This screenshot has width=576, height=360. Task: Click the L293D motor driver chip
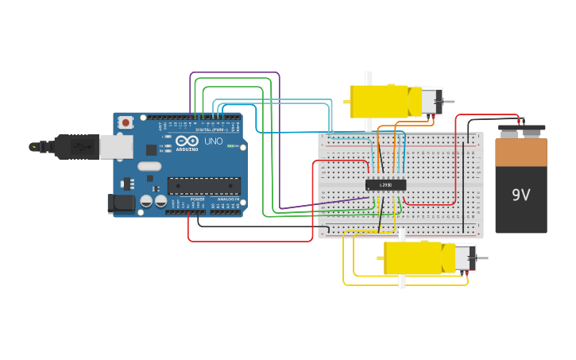[x=385, y=184]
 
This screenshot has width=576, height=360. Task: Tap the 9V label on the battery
[x=520, y=195]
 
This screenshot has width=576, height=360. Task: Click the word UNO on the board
[x=214, y=141]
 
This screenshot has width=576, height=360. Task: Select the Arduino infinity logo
[x=187, y=142]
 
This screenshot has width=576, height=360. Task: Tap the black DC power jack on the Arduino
[x=121, y=203]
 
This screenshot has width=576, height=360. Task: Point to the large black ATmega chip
[x=203, y=186]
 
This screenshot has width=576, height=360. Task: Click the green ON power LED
[x=231, y=145]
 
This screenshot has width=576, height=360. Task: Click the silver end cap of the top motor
[x=431, y=101]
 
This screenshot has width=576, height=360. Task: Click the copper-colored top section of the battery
[x=520, y=152]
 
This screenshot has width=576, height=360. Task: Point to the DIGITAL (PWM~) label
[x=211, y=130]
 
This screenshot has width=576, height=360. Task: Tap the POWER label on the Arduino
[x=197, y=199]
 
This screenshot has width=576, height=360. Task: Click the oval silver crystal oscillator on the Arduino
[x=149, y=166]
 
